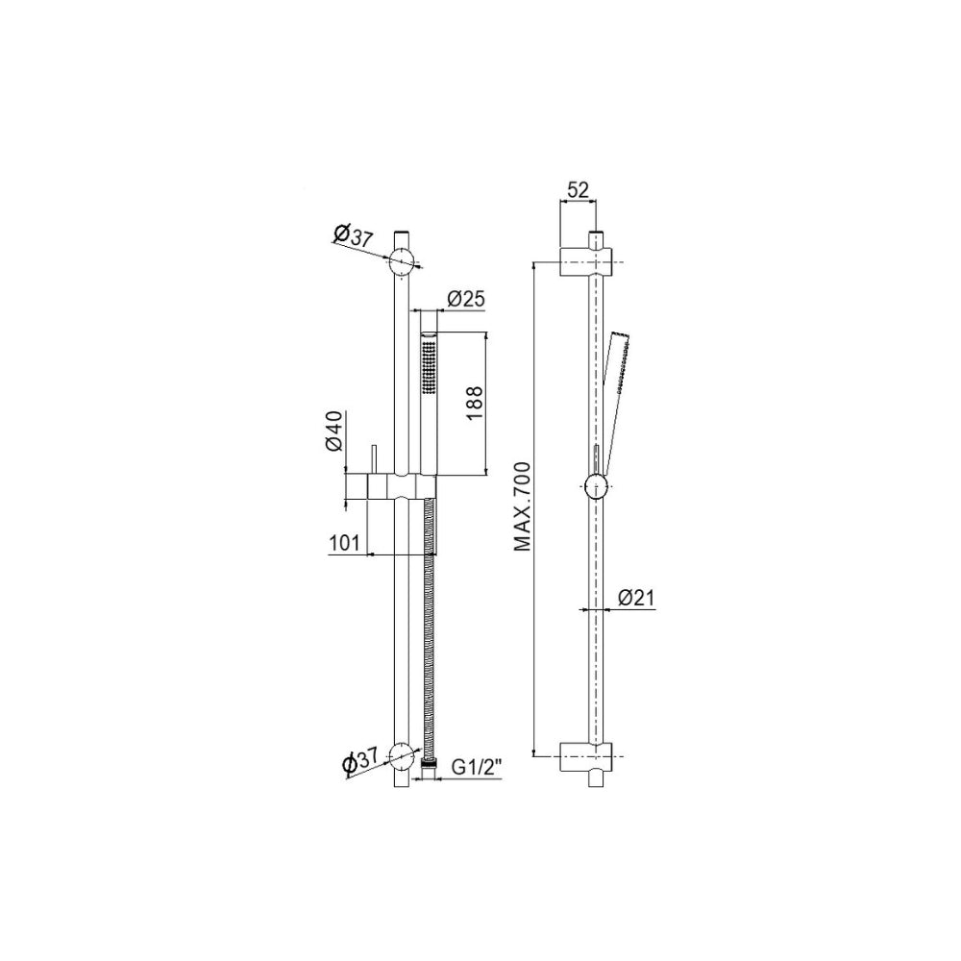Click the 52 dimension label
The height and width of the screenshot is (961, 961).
click(578, 190)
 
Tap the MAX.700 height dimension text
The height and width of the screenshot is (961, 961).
click(522, 506)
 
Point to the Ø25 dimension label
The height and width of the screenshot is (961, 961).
click(466, 299)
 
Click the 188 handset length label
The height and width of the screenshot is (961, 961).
click(475, 403)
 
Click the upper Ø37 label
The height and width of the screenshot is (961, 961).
click(353, 236)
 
